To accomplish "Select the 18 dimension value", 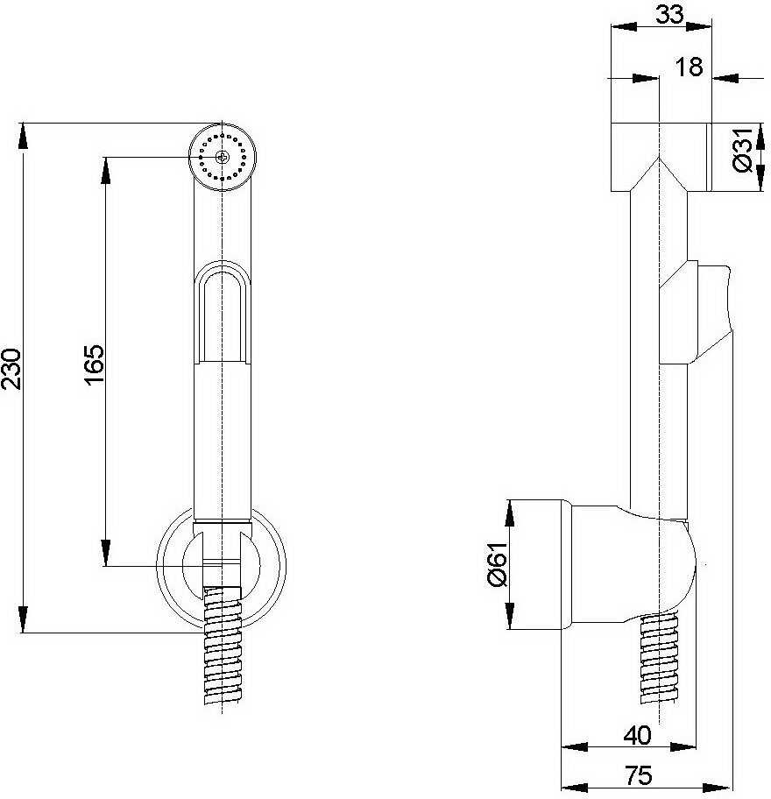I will click(690, 67).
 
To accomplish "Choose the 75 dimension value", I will click(640, 774).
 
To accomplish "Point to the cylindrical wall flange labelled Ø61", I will click(541, 565).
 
